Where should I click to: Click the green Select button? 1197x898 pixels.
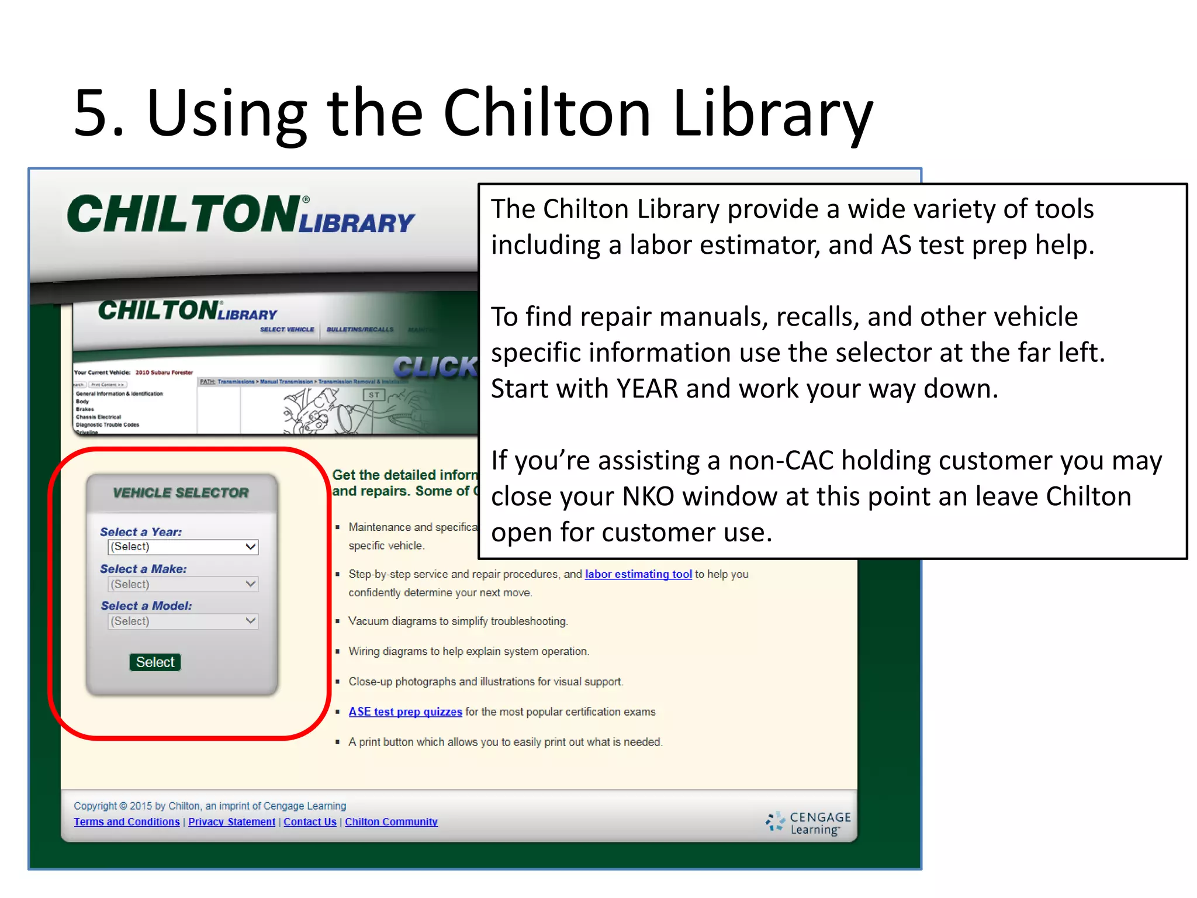pyautogui.click(x=155, y=662)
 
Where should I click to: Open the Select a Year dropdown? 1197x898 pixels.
pyautogui.click(x=183, y=547)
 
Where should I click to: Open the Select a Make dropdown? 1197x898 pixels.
pyautogui.click(x=183, y=584)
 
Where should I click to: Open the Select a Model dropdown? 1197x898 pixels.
pyautogui.click(x=183, y=621)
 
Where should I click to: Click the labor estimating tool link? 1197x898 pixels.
pyautogui.click(x=638, y=574)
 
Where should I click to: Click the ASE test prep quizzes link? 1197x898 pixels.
pyautogui.click(x=405, y=712)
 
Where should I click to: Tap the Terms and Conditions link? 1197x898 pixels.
pyautogui.click(x=126, y=821)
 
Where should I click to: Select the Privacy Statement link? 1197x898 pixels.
pyautogui.click(x=231, y=821)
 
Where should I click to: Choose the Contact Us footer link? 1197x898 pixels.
pyautogui.click(x=310, y=821)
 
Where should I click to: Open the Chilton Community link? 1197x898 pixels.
pyautogui.click(x=391, y=821)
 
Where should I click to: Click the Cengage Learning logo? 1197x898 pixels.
pyautogui.click(x=808, y=823)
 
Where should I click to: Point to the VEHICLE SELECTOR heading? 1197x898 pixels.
pyautogui.click(x=181, y=493)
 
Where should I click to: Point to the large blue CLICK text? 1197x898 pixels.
pyautogui.click(x=435, y=367)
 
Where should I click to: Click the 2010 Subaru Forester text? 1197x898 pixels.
pyautogui.click(x=164, y=372)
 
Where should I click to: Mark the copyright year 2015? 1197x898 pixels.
pyautogui.click(x=141, y=806)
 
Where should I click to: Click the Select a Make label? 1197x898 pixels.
pyautogui.click(x=143, y=569)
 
